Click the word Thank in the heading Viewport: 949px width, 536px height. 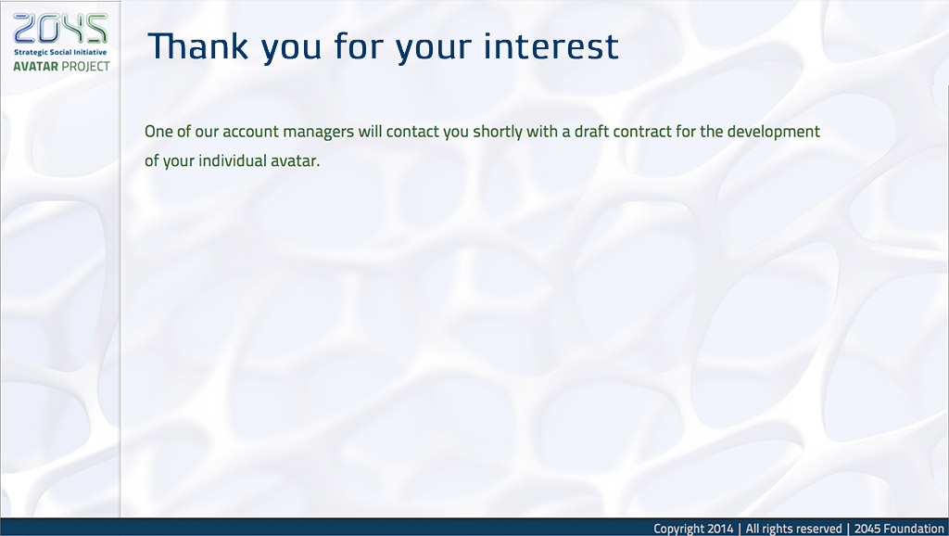tap(198, 46)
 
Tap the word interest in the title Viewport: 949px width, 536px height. tap(550, 46)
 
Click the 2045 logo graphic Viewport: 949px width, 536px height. tap(60, 29)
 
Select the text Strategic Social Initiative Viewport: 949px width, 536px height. tap(60, 53)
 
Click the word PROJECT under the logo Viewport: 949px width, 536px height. tap(86, 66)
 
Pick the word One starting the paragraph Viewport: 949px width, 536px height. tap(158, 132)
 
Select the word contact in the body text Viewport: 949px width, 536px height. tap(412, 132)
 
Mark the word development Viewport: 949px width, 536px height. tap(774, 133)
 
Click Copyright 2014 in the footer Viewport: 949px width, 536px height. tap(693, 529)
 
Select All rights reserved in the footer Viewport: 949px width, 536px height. tap(793, 529)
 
